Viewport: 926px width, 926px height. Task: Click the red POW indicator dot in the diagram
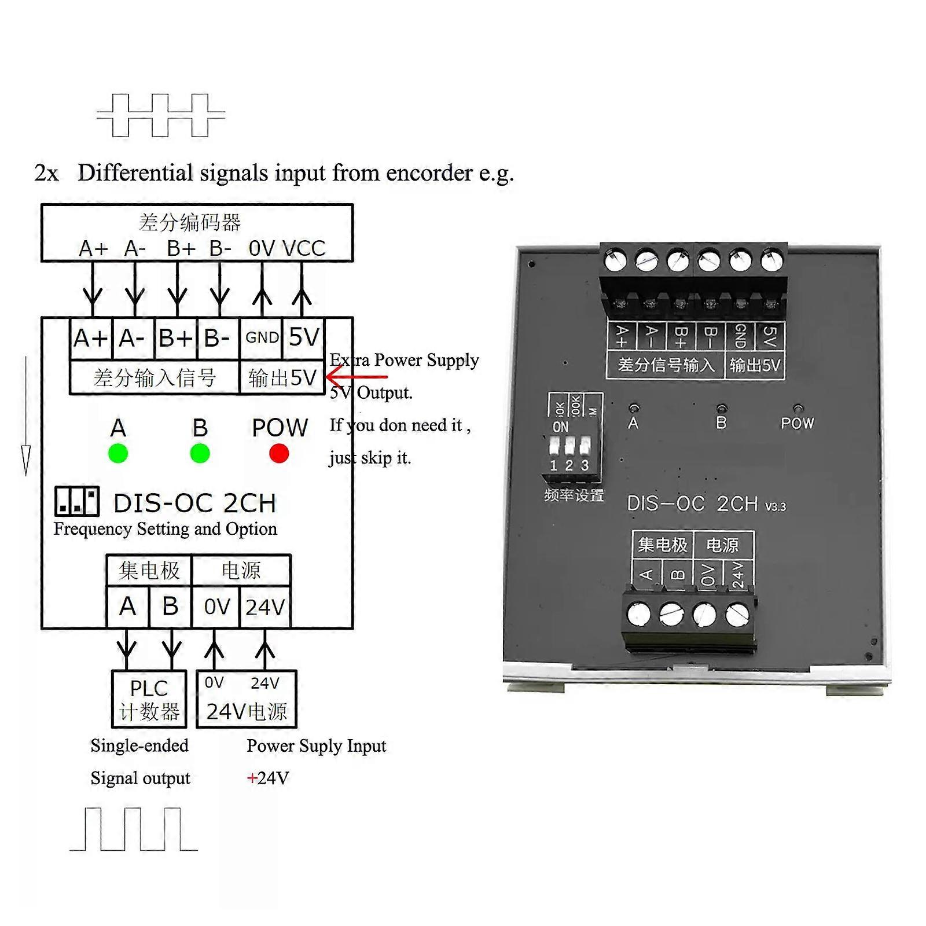[279, 454]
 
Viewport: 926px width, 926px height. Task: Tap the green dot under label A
[118, 454]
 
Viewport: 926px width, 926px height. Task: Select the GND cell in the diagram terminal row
[262, 337]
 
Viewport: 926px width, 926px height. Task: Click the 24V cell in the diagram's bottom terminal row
[265, 607]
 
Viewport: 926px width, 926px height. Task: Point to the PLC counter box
[149, 699]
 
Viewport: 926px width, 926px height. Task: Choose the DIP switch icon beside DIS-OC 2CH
[77, 501]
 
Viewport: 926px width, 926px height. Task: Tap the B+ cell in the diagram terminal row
[176, 337]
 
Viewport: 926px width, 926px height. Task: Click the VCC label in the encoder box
[304, 248]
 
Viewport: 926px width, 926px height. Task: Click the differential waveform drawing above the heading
[161, 115]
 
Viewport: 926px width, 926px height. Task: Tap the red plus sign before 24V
[252, 778]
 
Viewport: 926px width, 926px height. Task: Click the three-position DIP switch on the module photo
[570, 447]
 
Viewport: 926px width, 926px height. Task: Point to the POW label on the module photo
[797, 423]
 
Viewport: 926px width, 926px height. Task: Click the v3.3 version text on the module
[776, 507]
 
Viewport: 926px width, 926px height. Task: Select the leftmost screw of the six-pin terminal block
[615, 260]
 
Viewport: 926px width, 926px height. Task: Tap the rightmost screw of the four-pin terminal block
[737, 615]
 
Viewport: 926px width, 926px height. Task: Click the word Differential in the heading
[135, 173]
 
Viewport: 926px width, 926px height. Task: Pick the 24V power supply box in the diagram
[247, 699]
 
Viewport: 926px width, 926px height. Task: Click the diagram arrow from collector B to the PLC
[171, 649]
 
